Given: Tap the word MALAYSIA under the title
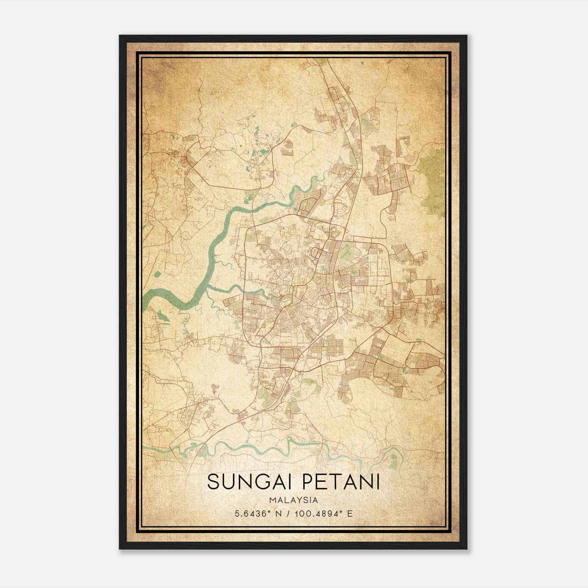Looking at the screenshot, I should pos(294,500).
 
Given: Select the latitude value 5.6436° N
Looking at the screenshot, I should pos(256,513).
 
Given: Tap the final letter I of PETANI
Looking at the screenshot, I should pos(378,482).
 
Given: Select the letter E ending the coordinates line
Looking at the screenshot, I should pos(350,513).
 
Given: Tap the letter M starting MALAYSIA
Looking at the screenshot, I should pos(272,500).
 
